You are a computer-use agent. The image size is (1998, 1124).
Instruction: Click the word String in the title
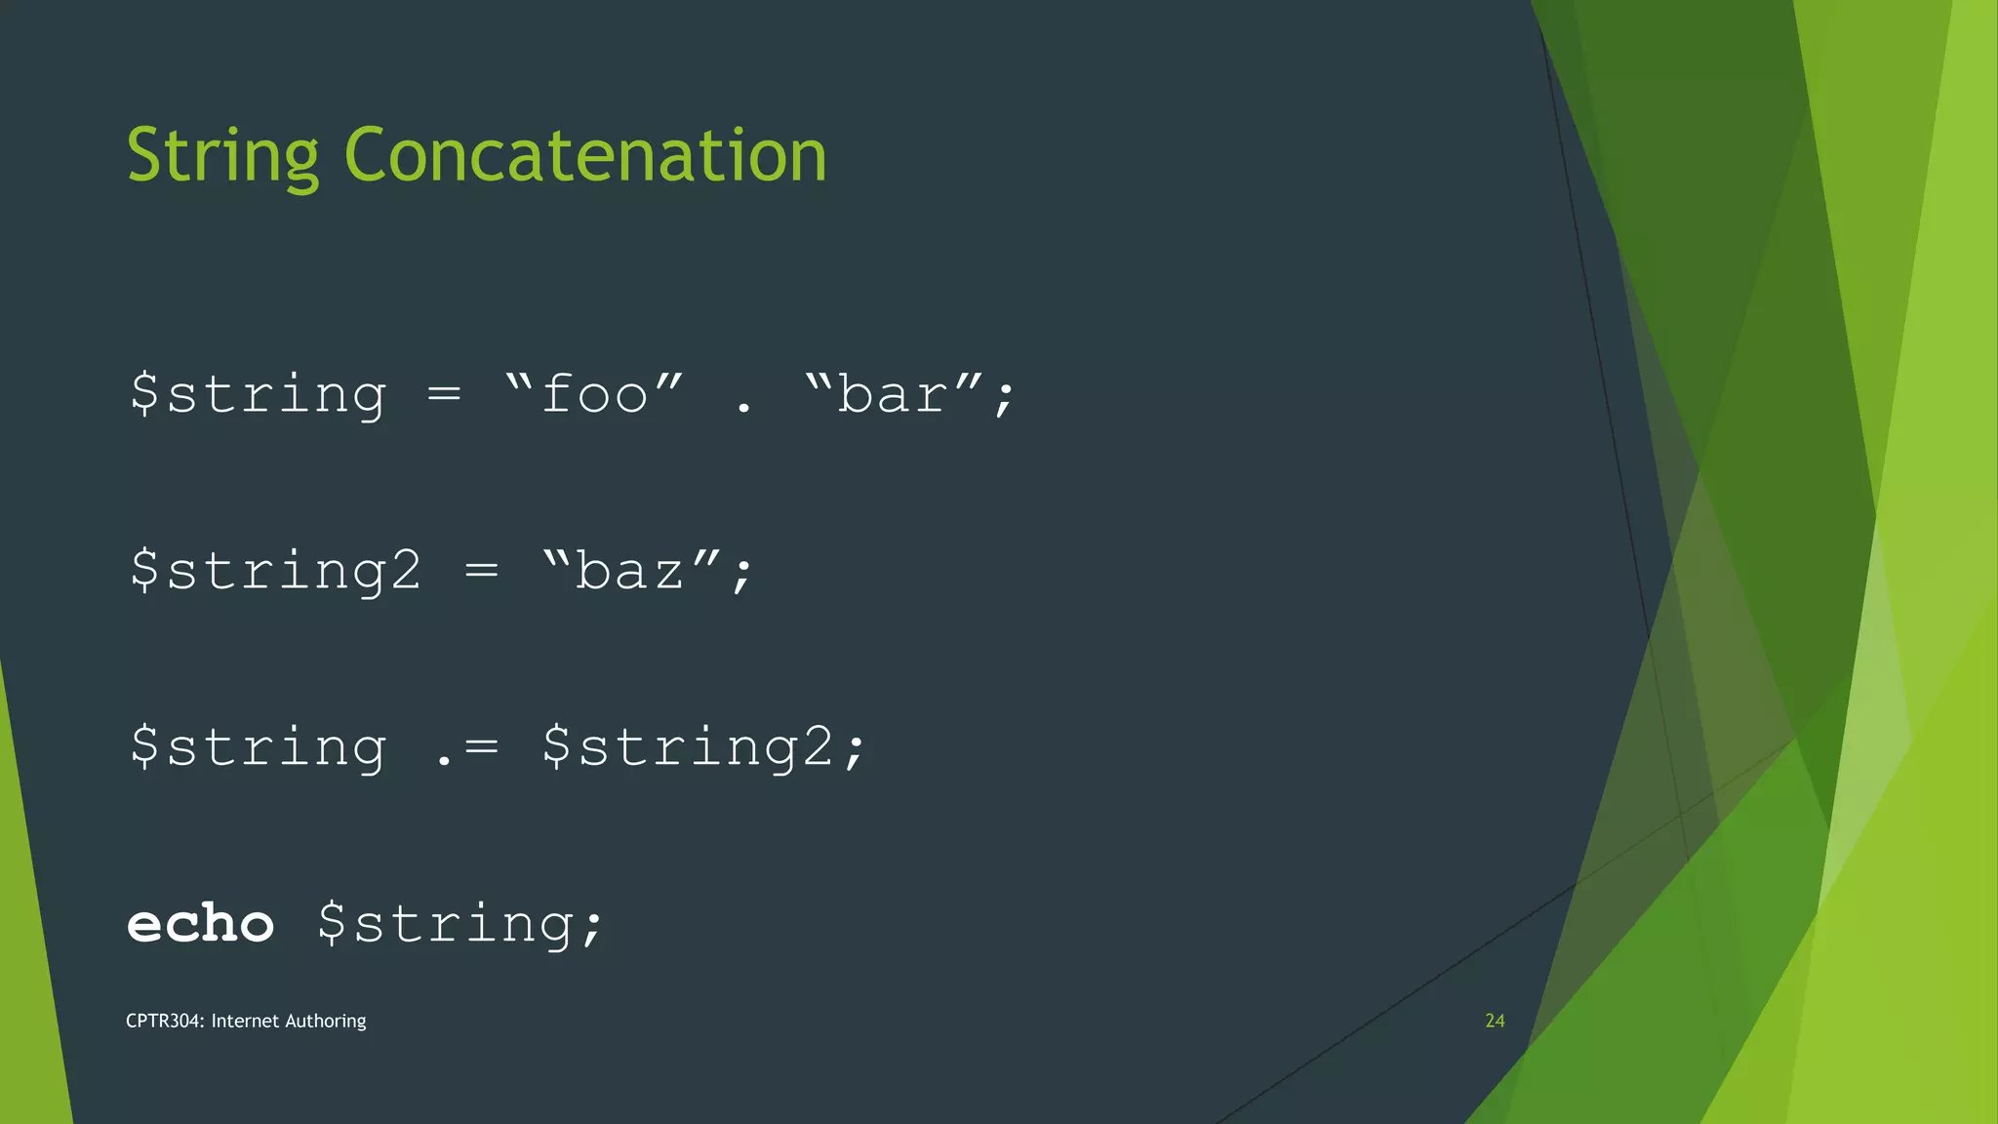[222, 156]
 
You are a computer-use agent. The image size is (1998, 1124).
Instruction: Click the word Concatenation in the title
[585, 156]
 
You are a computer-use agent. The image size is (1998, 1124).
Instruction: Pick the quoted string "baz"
[631, 570]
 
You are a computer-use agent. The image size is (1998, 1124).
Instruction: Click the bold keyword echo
[201, 923]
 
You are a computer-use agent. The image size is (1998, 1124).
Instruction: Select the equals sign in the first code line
[444, 395]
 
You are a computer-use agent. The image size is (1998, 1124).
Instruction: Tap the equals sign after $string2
[482, 571]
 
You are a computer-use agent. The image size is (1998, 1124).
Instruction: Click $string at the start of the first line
[259, 395]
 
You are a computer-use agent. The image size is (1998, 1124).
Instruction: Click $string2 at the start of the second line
[276, 571]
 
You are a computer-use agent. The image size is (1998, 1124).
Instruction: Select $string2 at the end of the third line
[689, 747]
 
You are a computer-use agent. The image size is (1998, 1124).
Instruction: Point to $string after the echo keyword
[446, 924]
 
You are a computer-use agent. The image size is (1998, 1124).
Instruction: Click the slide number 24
[1495, 1021]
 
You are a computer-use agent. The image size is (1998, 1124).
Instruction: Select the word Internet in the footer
[245, 1021]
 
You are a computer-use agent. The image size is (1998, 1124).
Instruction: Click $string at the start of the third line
[259, 747]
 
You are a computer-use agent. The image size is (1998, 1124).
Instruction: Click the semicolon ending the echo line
[592, 927]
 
